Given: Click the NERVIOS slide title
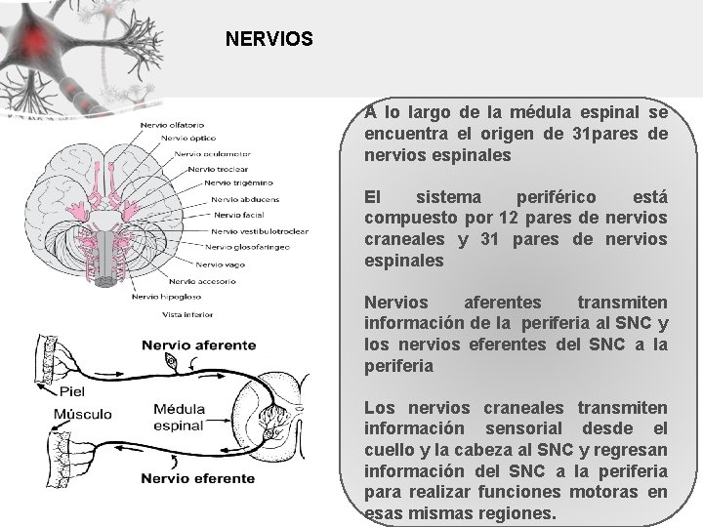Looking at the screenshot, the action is (x=269, y=40).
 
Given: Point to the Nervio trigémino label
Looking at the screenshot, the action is (x=238, y=182).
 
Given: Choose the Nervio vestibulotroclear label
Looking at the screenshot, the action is (x=263, y=231).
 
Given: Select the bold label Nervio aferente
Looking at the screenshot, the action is (x=198, y=345).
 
